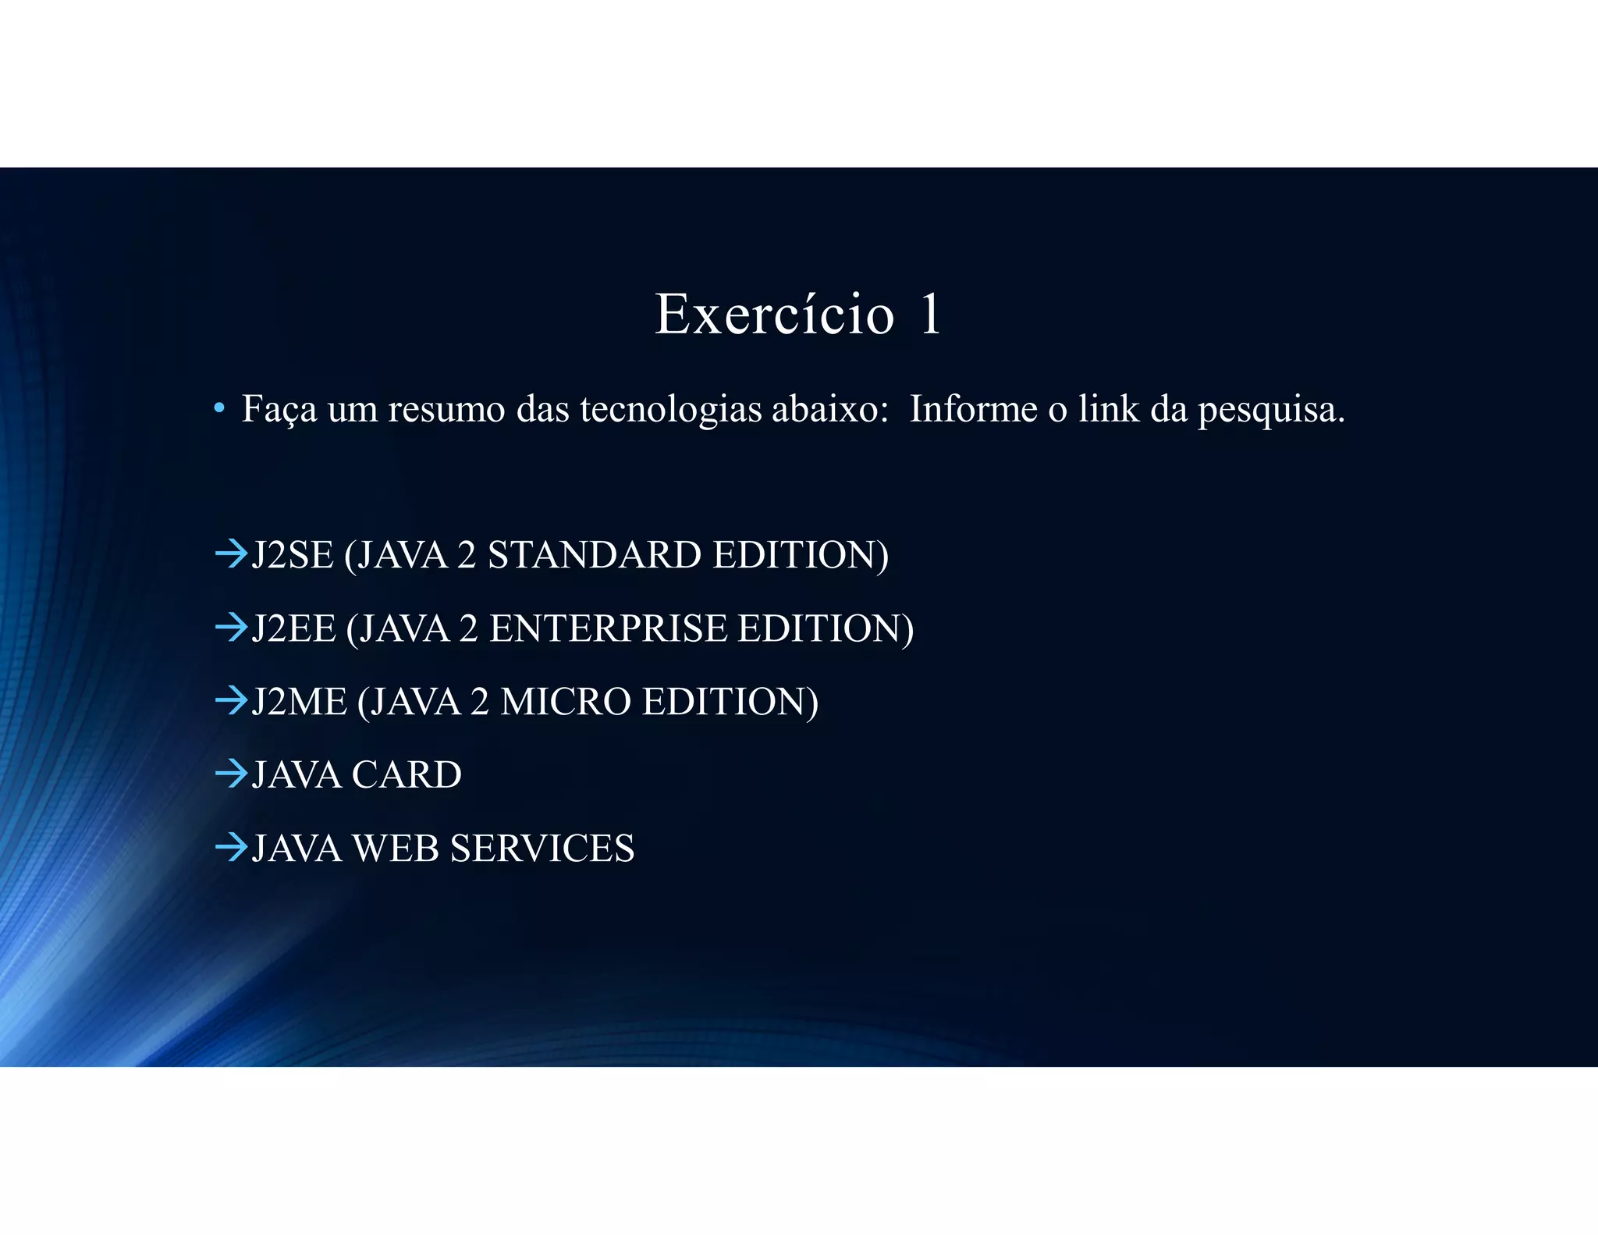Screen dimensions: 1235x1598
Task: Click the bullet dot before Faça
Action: tap(219, 408)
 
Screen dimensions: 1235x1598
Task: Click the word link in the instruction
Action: tap(1109, 408)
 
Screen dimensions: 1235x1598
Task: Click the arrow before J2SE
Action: tap(231, 554)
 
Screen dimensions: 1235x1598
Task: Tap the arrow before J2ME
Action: tap(231, 701)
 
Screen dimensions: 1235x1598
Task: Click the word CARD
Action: tap(407, 775)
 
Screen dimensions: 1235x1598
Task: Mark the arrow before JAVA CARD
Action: tap(231, 774)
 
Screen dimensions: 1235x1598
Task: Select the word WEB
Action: tap(396, 849)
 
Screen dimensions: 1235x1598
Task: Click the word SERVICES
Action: tap(542, 849)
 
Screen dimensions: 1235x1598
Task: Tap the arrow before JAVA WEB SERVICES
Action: tap(231, 848)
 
